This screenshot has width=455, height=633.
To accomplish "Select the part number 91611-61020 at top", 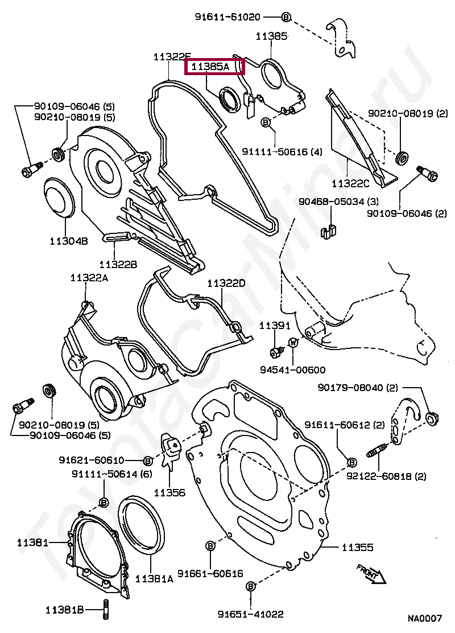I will (x=235, y=18).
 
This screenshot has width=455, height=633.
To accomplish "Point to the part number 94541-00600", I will (x=292, y=369).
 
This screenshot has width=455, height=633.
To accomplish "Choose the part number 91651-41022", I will (x=250, y=614).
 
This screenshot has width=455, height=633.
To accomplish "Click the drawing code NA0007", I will (x=424, y=618).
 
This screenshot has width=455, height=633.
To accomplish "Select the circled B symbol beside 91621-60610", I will (x=147, y=460).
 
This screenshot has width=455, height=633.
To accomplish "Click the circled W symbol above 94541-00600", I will (x=293, y=343).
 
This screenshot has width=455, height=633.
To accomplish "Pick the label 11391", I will (x=275, y=326).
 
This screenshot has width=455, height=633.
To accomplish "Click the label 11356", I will (x=169, y=492).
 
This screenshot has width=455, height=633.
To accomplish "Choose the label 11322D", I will (x=226, y=283).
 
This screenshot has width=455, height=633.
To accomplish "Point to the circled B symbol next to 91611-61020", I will (x=286, y=18).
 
